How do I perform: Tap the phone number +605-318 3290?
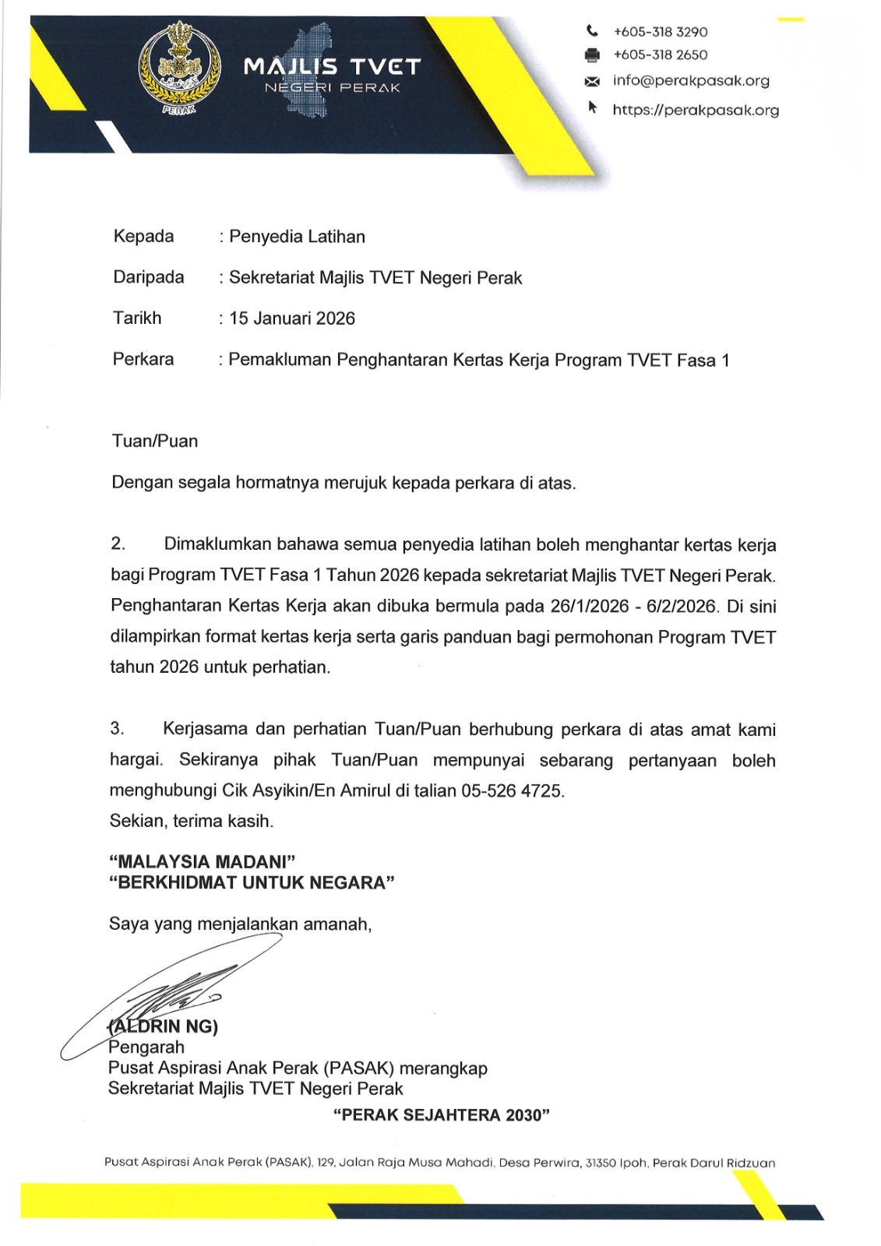[660, 32]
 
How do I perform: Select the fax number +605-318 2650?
[660, 55]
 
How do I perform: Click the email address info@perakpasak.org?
[690, 81]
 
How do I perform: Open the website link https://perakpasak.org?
[695, 110]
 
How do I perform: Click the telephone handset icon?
[593, 31]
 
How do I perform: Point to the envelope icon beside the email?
[592, 82]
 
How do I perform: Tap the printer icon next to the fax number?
[592, 55]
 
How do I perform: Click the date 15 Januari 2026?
[292, 319]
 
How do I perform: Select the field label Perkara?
[143, 359]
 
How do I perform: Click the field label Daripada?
[149, 277]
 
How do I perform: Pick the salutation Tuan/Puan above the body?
[155, 442]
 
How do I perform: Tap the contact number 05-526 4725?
[512, 791]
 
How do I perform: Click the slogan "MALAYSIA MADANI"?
[203, 862]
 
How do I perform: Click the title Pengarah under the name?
[146, 1047]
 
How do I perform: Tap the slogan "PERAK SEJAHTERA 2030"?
[441, 1115]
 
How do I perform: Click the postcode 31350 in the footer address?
[601, 1163]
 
